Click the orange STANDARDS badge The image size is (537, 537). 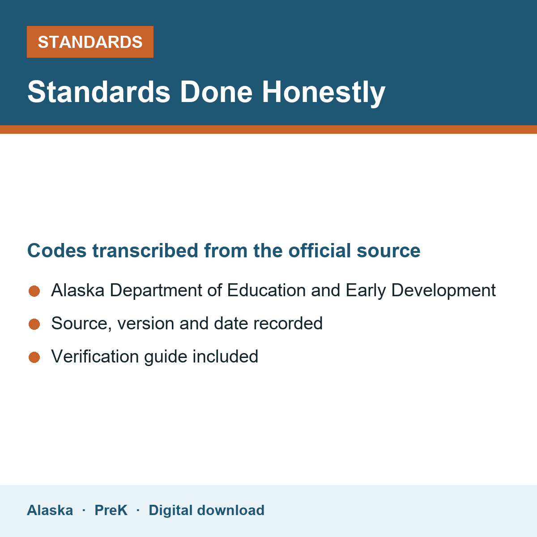pos(90,42)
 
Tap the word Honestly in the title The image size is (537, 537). pos(324,93)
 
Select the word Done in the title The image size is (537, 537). pos(216,92)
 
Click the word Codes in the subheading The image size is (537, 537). pos(57,251)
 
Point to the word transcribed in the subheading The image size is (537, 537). pos(145,251)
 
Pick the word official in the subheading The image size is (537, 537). pos(320,251)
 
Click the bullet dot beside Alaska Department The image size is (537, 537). pos(34,291)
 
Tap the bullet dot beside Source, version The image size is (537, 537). pos(34,324)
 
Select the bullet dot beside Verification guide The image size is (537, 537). pos(34,357)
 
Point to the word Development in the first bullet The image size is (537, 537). pos(443,291)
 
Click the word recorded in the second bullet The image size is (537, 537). pos(288,323)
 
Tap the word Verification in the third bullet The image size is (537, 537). pos(95,356)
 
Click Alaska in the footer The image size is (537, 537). pos(50,510)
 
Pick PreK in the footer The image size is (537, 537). pos(111,510)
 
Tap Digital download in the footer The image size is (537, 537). pos(206,510)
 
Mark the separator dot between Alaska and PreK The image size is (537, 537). pos(84,510)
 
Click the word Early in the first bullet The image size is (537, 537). pos(366,291)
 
